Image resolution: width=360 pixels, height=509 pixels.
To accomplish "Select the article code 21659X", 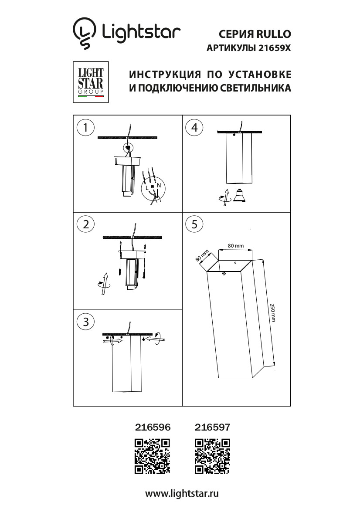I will click(x=274, y=49).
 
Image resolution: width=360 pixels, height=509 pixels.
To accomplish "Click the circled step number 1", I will click(x=85, y=127).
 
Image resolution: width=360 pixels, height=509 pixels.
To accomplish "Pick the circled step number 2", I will click(x=85, y=224).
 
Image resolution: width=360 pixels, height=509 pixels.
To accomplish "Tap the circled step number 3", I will click(x=85, y=322).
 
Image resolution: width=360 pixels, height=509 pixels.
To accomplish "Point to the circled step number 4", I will click(x=194, y=127).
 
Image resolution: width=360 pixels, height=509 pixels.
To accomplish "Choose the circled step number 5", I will click(x=194, y=224).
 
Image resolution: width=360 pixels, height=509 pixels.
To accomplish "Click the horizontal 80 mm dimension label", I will click(x=236, y=246).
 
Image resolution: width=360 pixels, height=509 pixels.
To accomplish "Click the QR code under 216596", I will click(x=152, y=456).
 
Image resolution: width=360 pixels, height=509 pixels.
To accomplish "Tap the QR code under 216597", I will click(x=212, y=456).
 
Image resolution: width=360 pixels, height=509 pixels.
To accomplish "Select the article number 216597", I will click(x=212, y=428).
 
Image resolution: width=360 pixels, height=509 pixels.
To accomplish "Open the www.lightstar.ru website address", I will click(x=181, y=493).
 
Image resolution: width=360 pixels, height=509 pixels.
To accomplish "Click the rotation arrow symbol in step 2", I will click(x=104, y=285).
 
